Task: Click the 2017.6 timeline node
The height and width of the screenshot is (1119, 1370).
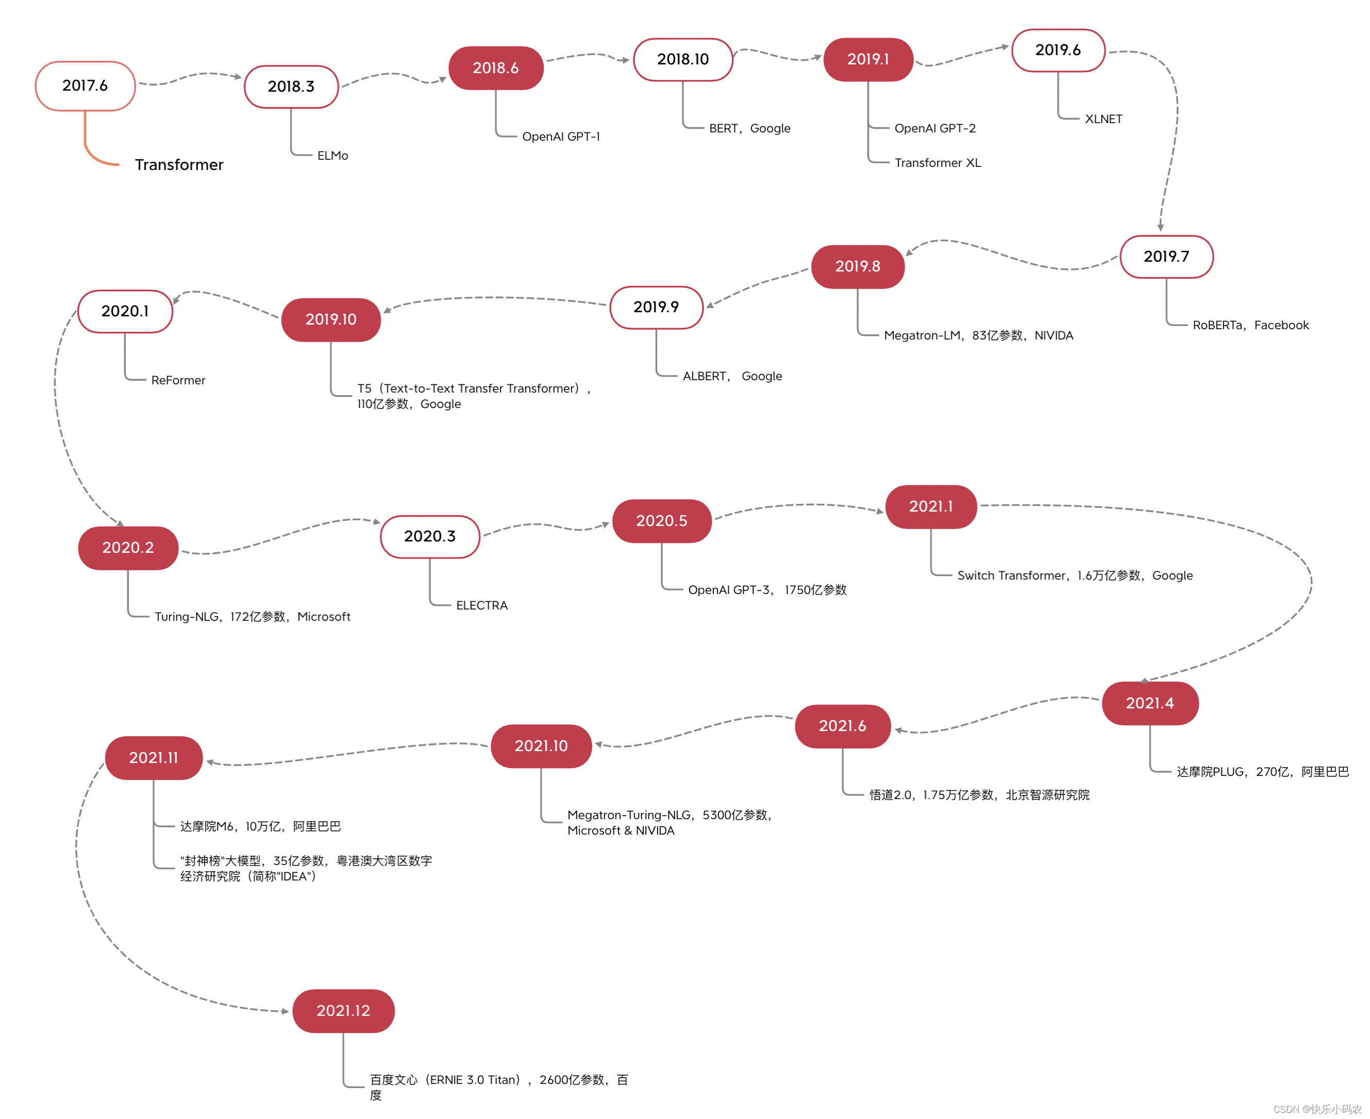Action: pos(85,86)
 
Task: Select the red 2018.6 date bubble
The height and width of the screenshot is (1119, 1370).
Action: pos(496,67)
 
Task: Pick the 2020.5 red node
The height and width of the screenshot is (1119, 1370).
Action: pos(661,521)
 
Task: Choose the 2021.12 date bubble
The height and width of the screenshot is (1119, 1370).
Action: pos(343,1010)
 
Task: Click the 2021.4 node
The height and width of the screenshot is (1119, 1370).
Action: pos(1149,703)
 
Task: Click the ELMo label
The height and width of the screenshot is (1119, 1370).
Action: pos(332,156)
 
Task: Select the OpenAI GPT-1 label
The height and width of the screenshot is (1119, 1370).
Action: pos(560,137)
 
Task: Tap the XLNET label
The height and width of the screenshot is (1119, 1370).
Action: pos(1103,119)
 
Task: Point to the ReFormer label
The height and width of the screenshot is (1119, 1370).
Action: pos(178,380)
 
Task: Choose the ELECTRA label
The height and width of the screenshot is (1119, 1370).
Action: pos(481,605)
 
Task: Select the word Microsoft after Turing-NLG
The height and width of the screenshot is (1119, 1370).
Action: pos(324,617)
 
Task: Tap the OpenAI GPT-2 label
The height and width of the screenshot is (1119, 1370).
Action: pos(935,128)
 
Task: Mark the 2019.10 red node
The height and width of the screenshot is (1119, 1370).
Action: pos(331,320)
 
